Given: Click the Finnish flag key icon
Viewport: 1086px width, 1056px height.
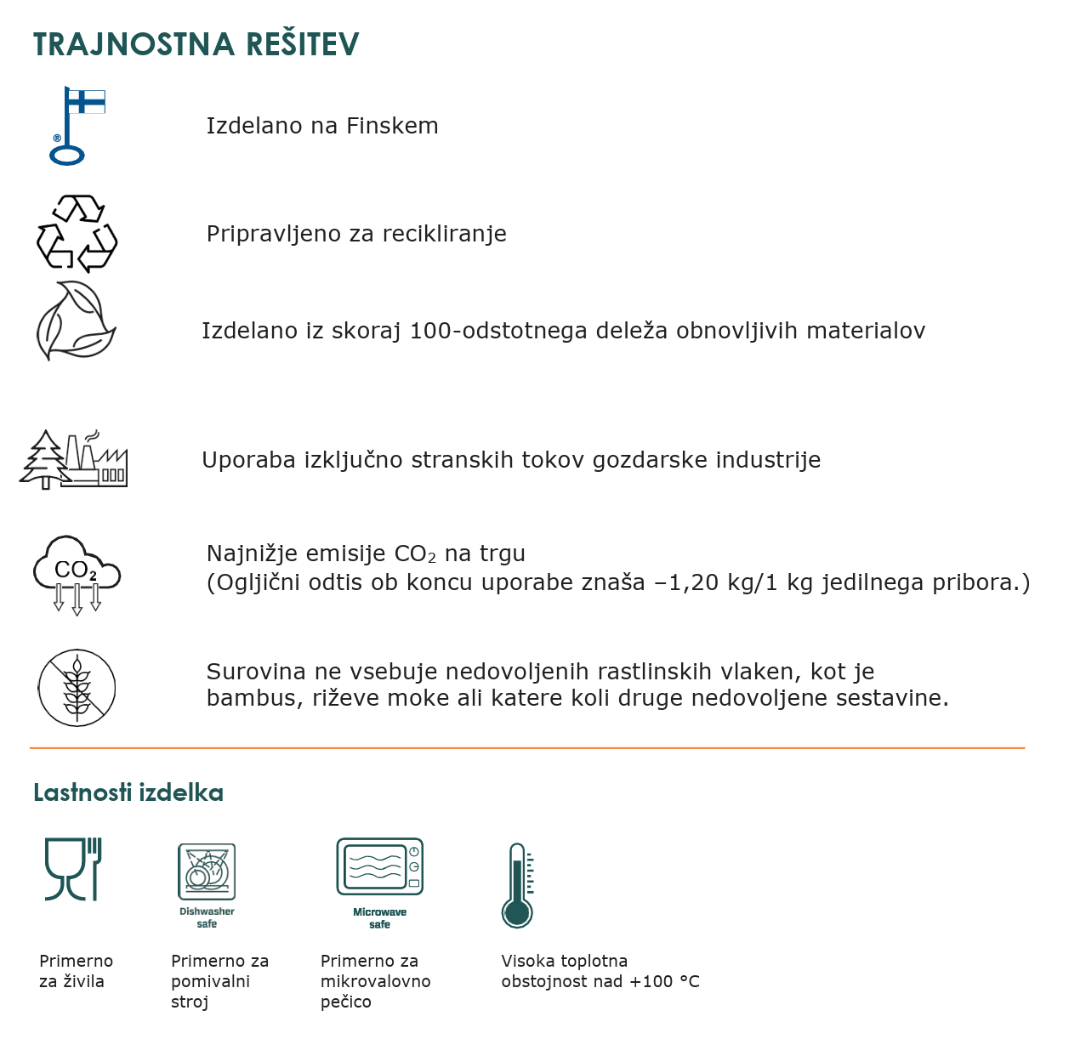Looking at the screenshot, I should click(x=75, y=125).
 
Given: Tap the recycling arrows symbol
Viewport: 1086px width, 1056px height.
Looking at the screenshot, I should click(x=77, y=234).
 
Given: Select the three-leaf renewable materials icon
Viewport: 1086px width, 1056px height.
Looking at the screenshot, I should click(x=76, y=321).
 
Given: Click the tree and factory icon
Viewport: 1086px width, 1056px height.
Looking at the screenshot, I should click(x=74, y=459).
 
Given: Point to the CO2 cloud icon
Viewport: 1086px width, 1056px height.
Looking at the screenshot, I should click(x=77, y=574).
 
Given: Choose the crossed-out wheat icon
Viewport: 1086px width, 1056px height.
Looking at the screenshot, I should click(x=77, y=688).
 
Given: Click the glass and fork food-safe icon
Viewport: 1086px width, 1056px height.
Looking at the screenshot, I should click(x=73, y=868).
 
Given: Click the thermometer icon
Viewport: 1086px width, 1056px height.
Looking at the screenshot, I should click(x=517, y=885).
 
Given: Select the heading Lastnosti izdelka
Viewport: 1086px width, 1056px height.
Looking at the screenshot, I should click(x=128, y=792).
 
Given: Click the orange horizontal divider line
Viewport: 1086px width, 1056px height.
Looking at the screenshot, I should click(x=527, y=748).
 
